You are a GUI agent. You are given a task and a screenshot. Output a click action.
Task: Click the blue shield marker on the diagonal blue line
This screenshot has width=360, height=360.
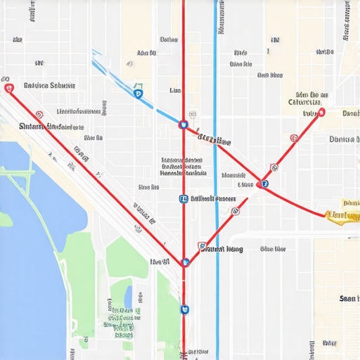pyautogui.click(x=138, y=92)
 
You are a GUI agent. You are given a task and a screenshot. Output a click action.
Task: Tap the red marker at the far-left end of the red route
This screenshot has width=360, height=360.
pyautogui.click(x=8, y=89)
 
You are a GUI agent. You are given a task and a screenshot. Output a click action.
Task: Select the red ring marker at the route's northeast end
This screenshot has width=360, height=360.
pyautogui.click(x=321, y=112)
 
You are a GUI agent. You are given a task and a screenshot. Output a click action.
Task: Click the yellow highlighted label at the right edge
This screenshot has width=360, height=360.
pyautogui.click(x=343, y=214)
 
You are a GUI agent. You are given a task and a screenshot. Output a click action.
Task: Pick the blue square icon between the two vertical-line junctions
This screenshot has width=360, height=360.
pyautogui.click(x=184, y=199)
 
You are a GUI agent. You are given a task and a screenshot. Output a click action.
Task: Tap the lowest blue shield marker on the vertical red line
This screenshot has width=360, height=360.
pyautogui.click(x=185, y=309)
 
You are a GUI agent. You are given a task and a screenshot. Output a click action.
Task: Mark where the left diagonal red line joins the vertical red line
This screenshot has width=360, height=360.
pyautogui.click(x=185, y=262)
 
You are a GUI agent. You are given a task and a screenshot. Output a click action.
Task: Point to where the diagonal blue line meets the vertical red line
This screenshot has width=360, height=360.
pyautogui.click(x=184, y=124)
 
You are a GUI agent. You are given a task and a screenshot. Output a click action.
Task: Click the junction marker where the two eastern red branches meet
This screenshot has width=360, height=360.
pyautogui.click(x=263, y=184)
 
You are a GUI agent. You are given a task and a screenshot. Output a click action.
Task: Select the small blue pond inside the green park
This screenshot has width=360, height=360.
pyautogui.click(x=128, y=298)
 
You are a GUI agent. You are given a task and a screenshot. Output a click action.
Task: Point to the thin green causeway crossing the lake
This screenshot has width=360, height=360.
pyautogui.click(x=28, y=171)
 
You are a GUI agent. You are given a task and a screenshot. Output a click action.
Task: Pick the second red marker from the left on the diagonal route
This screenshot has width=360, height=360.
pyautogui.click(x=39, y=114)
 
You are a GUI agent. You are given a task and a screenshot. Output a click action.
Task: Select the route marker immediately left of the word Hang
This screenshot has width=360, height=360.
pyautogui.click(x=202, y=247)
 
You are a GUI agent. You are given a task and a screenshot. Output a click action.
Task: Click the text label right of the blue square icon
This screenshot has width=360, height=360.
pyautogui.click(x=214, y=199)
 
